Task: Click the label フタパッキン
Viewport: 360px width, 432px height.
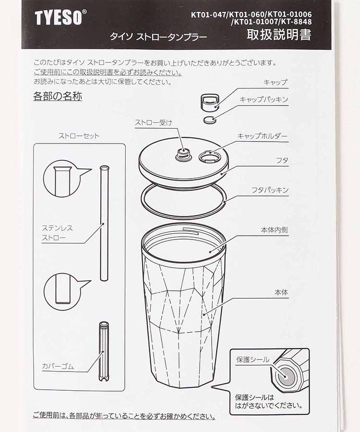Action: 270,190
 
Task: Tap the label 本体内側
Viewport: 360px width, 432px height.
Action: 274,230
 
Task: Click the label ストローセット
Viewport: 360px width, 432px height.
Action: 79,136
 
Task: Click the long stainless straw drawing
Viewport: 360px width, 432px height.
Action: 104,223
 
